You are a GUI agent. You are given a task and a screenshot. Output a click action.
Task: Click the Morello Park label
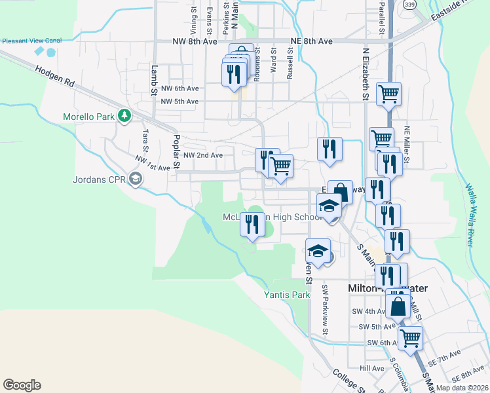88,117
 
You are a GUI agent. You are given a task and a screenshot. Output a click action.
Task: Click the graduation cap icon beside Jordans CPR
136,178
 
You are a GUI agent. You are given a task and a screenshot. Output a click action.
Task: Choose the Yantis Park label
286,295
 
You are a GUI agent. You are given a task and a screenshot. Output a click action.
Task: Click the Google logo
22,384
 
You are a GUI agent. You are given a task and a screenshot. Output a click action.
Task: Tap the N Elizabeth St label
364,75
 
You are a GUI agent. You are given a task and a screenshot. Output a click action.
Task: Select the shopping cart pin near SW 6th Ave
410,339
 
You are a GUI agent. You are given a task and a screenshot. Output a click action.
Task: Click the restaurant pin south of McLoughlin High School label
253,225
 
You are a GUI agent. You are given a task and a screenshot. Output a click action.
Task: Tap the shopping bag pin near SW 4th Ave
398,305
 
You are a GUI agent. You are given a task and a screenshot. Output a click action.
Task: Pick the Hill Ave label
372,368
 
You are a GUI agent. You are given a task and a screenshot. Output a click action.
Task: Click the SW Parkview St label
325,309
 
